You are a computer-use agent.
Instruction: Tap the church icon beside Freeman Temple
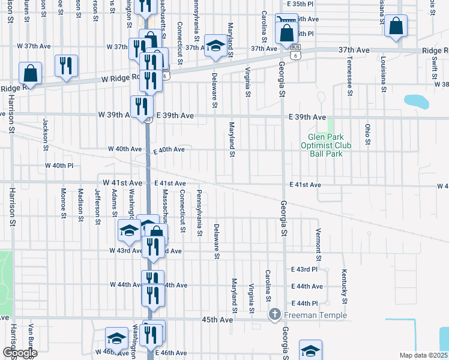pyautogui.click(x=274, y=314)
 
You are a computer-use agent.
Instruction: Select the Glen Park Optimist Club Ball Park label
pyautogui.click(x=326, y=145)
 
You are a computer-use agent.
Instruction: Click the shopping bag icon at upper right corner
pyautogui.click(x=396, y=26)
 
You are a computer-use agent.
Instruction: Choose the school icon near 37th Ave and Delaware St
pyautogui.click(x=215, y=46)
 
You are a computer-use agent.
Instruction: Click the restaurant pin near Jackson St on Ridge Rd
pyautogui.click(x=66, y=66)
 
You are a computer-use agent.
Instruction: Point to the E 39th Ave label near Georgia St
pyautogui.click(x=307, y=118)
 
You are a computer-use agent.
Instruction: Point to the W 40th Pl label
pyautogui.click(x=59, y=165)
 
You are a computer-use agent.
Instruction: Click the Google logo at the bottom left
pyautogui.click(x=19, y=353)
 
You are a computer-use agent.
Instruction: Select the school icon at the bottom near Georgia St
pyautogui.click(x=310, y=350)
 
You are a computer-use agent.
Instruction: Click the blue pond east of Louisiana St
pyautogui.click(x=416, y=101)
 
